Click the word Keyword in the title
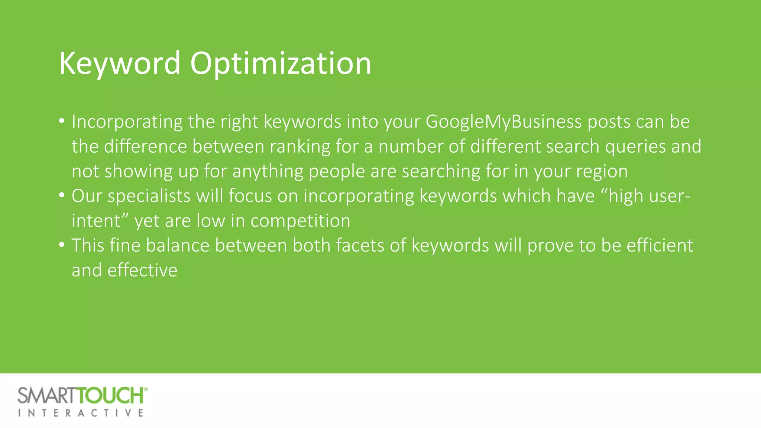tap(120, 64)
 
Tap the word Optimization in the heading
tap(281, 64)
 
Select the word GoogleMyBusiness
tap(503, 122)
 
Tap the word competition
tap(300, 221)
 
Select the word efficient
tap(660, 246)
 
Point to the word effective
tap(142, 270)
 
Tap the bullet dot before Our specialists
tap(62, 196)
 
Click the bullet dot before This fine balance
tap(62, 245)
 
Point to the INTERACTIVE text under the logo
tap(81, 413)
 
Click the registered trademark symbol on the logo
tap(146, 389)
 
